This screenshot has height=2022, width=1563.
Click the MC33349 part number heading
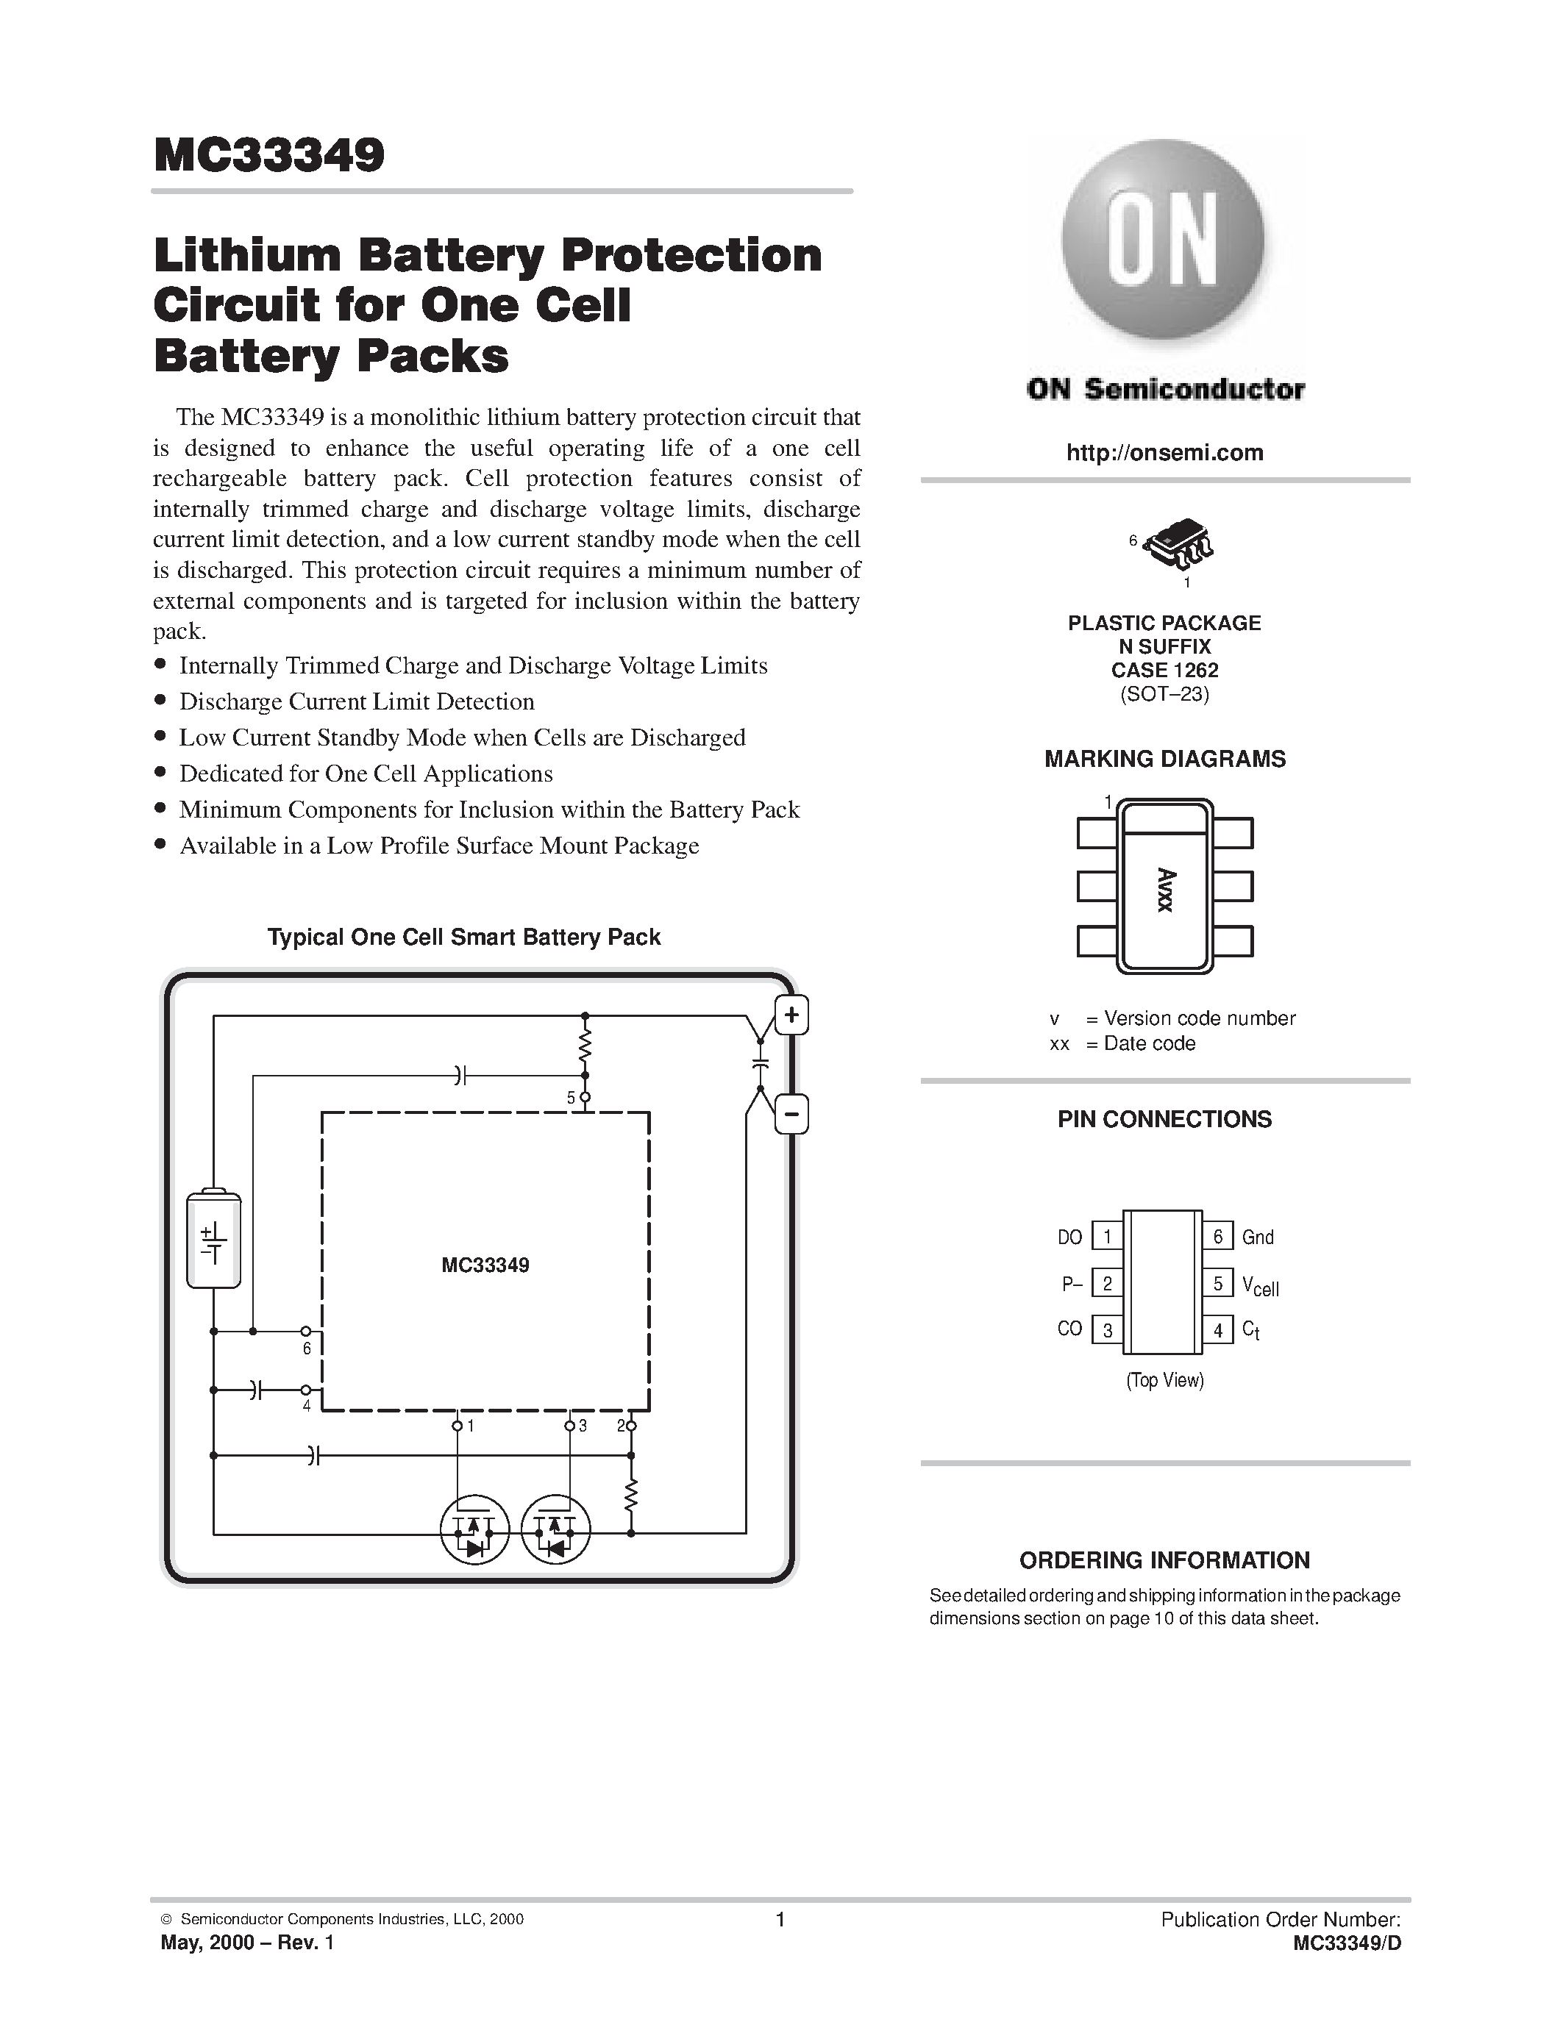point(268,156)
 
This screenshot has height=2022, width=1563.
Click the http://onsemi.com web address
point(1164,453)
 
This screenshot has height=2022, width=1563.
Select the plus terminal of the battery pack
point(791,1015)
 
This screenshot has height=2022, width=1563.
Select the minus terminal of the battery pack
point(791,1114)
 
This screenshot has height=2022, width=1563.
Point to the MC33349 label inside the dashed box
point(485,1265)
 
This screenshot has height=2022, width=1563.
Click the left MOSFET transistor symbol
point(474,1532)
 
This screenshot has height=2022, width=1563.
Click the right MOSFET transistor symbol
point(555,1532)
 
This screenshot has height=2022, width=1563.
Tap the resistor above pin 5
point(584,1046)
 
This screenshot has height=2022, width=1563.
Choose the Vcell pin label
point(1260,1286)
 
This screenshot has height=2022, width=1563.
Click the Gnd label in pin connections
point(1258,1237)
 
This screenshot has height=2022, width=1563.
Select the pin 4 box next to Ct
point(1217,1330)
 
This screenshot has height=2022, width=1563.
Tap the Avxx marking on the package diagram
point(1165,890)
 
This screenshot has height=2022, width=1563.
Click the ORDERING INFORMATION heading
point(1164,1560)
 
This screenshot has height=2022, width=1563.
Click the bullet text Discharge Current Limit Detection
point(357,701)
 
